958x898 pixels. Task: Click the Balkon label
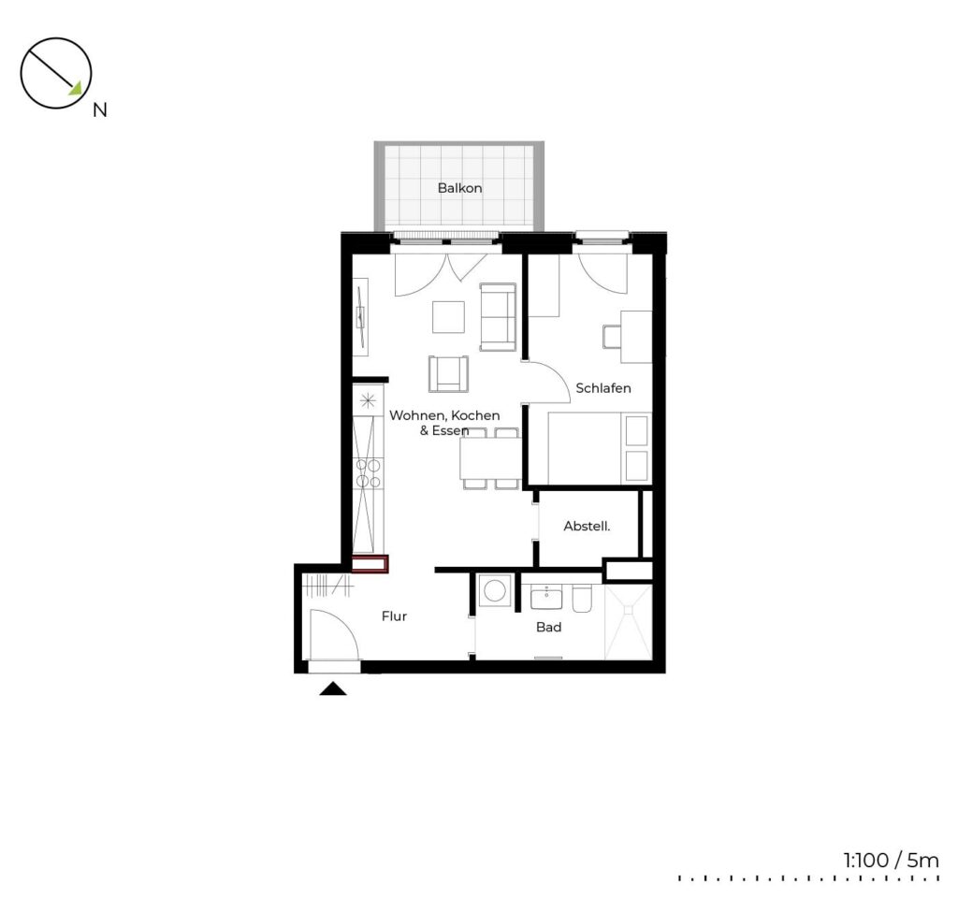pos(459,188)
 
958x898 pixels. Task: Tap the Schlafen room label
pos(603,388)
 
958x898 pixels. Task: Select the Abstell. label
pos(587,526)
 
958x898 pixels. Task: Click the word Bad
pos(548,627)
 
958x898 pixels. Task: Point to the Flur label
pos(394,616)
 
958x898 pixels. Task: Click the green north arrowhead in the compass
pos(76,89)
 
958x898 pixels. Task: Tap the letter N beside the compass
pos(99,110)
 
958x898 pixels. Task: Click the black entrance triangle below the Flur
pos(333,689)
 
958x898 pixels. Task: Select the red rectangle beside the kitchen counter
pos(370,564)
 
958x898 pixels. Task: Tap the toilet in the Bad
pos(582,599)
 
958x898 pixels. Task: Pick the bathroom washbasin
pos(546,597)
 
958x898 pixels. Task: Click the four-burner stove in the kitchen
pos(369,474)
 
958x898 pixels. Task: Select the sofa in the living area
pos(498,317)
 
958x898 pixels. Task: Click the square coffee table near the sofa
pos(448,317)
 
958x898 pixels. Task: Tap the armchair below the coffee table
pos(448,374)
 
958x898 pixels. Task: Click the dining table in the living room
pos(490,458)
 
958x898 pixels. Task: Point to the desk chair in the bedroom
pos(611,336)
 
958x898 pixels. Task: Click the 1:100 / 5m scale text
pos(891,861)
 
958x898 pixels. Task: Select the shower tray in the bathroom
pos(628,622)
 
